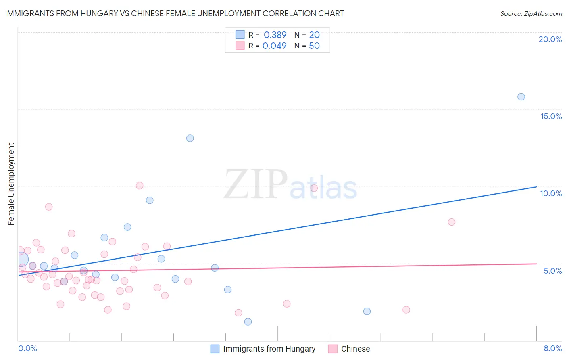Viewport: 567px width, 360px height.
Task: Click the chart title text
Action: (x=174, y=13)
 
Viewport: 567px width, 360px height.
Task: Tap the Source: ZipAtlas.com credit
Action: (x=531, y=14)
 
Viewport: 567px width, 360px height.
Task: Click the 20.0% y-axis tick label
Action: (x=550, y=39)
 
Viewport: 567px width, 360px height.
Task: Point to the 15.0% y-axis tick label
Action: (x=551, y=116)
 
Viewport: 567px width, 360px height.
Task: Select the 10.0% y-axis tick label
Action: (x=551, y=193)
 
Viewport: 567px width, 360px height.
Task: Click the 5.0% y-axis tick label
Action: (x=552, y=271)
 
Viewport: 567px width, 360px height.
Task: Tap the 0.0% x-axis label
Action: (x=27, y=348)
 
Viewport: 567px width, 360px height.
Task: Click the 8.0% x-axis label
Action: (x=552, y=348)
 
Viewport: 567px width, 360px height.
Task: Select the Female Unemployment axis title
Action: (x=11, y=184)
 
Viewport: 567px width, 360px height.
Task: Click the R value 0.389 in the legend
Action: (x=275, y=35)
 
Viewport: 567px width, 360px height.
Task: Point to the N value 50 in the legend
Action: (x=314, y=46)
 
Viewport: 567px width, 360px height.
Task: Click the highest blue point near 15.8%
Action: (x=521, y=97)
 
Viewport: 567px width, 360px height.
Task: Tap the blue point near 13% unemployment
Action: (x=190, y=138)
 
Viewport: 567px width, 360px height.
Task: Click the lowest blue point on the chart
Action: (x=248, y=322)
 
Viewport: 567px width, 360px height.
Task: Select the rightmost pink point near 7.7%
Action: (x=452, y=222)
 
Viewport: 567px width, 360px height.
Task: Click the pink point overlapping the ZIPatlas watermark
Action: (x=314, y=188)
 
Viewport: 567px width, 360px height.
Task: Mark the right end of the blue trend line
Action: (x=536, y=187)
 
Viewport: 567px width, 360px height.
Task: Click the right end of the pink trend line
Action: (x=536, y=264)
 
